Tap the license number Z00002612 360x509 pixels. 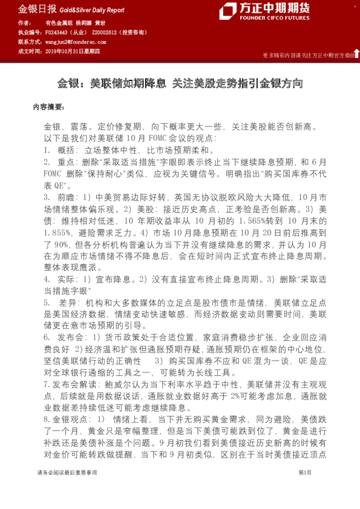tap(106, 32)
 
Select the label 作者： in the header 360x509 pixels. tap(26, 22)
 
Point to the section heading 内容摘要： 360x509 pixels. tap(48, 106)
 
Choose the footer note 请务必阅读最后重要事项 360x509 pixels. tap(67, 490)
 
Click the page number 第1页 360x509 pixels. tap(305, 490)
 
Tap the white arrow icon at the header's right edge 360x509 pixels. tap(356, 53)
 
